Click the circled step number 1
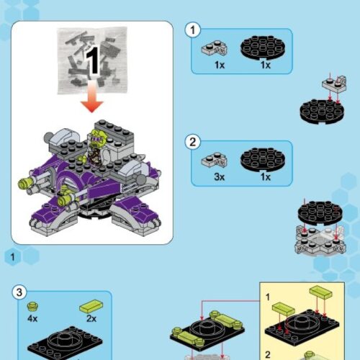point(192,30)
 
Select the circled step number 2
point(192,141)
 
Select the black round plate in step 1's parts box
point(265,48)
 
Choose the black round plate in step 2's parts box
point(265,160)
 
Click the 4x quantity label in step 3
point(33,318)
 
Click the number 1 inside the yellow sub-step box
point(267,296)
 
